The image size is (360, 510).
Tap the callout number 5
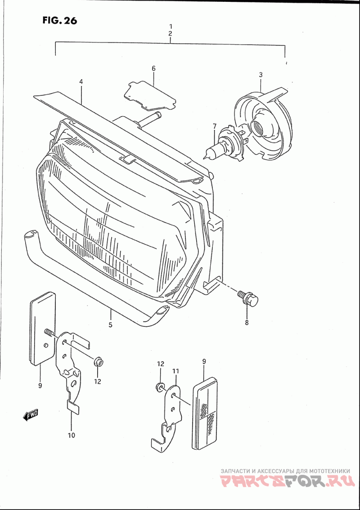(110, 324)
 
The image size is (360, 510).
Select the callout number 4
(81, 82)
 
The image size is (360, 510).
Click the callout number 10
(71, 435)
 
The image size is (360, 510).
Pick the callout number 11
(175, 371)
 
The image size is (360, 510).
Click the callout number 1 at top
(171, 26)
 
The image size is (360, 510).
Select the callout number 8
(247, 322)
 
